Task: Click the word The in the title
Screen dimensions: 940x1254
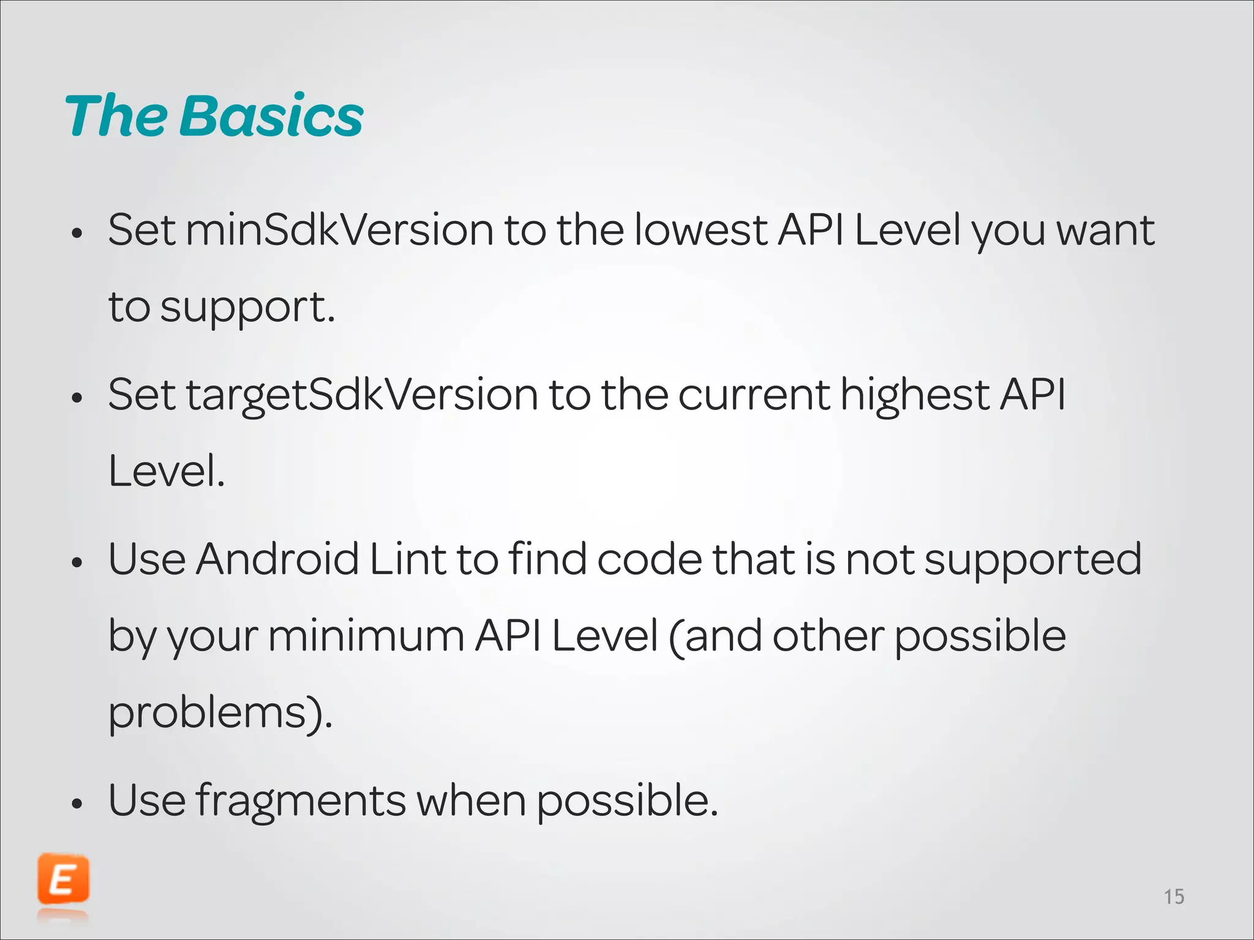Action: (x=116, y=116)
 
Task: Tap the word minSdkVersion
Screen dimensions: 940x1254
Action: (x=339, y=231)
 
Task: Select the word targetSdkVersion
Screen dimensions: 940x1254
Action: (x=362, y=395)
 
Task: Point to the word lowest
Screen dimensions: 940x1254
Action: (x=700, y=231)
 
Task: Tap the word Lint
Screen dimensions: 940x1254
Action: (x=408, y=559)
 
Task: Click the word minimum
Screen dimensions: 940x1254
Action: (x=366, y=636)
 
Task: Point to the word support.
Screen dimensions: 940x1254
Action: (x=247, y=308)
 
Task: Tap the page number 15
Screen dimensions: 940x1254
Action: (x=1174, y=897)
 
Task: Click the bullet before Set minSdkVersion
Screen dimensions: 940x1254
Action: (x=77, y=233)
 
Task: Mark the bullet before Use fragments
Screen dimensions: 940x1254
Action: (x=77, y=803)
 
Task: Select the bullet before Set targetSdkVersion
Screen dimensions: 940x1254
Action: (x=77, y=398)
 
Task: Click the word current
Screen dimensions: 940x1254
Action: (x=754, y=395)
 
